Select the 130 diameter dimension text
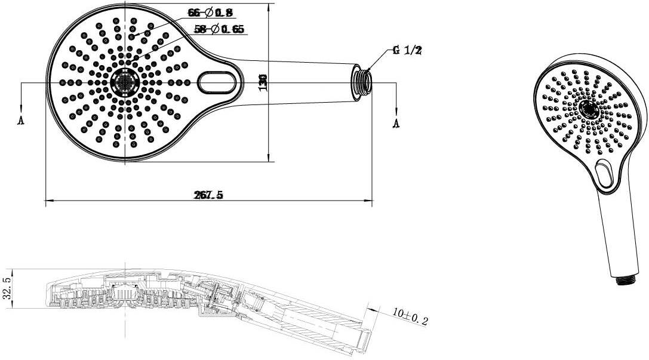click(x=263, y=82)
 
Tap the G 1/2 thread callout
click(x=407, y=51)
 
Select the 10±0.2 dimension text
click(x=410, y=316)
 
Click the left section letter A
click(x=21, y=121)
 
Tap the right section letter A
click(x=396, y=123)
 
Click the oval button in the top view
click(x=219, y=82)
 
